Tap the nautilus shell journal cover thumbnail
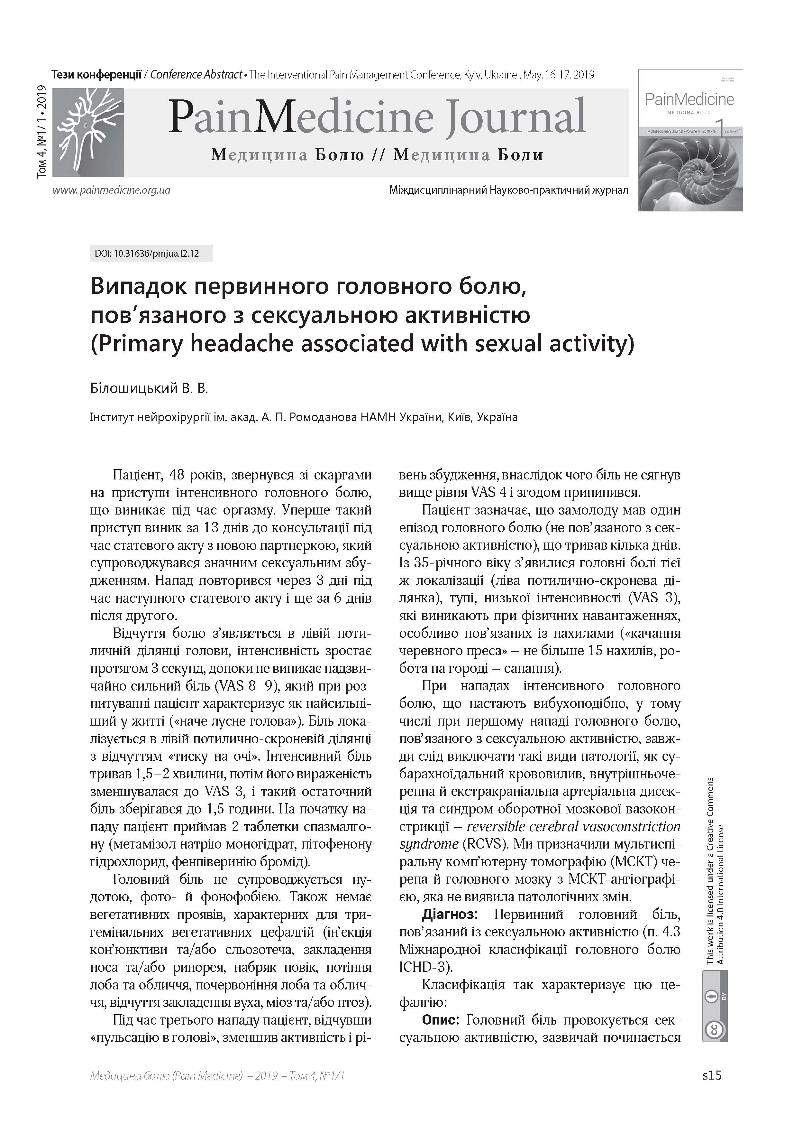(690, 140)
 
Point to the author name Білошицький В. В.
(149, 388)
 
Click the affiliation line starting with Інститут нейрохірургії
(304, 417)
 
